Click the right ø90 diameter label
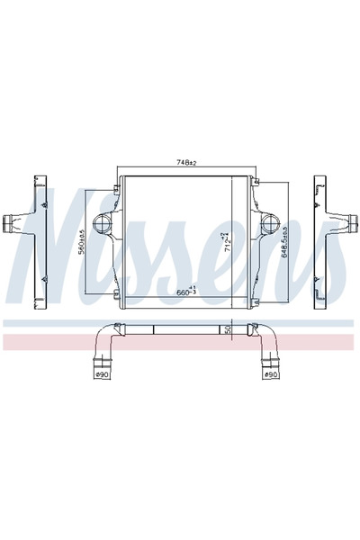tap(268, 373)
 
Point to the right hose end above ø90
tap(268, 362)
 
